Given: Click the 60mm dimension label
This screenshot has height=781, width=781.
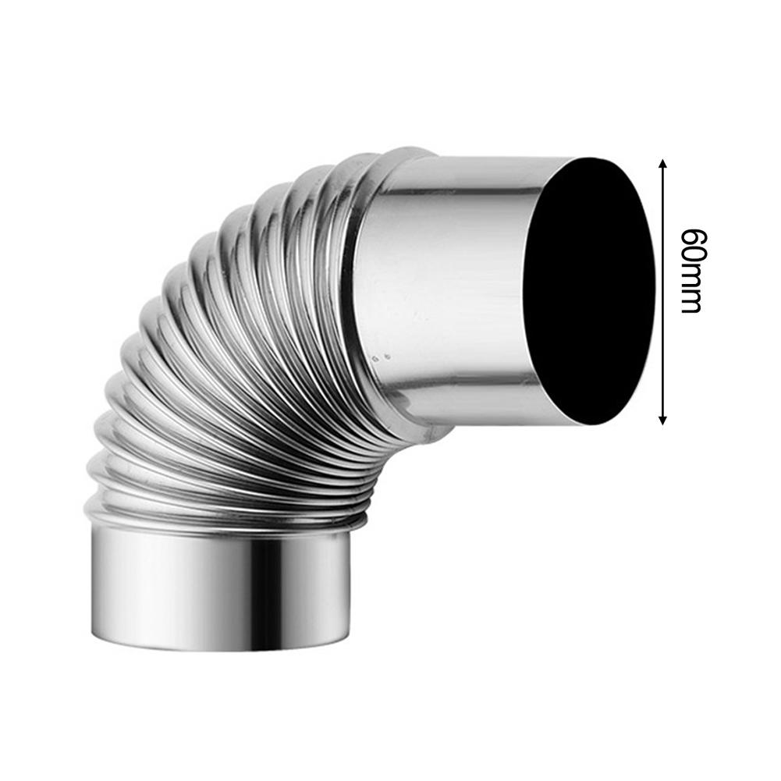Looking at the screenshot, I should tap(691, 270).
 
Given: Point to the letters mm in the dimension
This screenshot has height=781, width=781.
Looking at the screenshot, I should tap(691, 290).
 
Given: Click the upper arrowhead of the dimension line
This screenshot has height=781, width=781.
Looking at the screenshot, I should tap(663, 164).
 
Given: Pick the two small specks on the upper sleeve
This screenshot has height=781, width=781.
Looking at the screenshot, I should tap(381, 357).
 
